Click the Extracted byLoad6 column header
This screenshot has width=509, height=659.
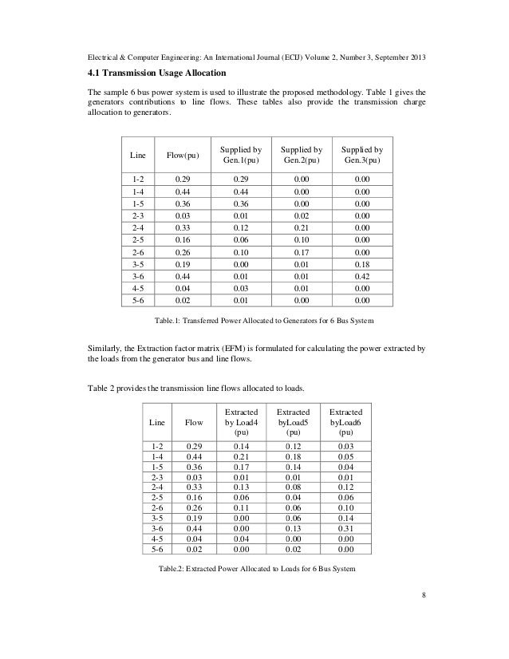point(345,420)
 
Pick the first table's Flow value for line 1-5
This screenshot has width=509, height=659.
point(183,204)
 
